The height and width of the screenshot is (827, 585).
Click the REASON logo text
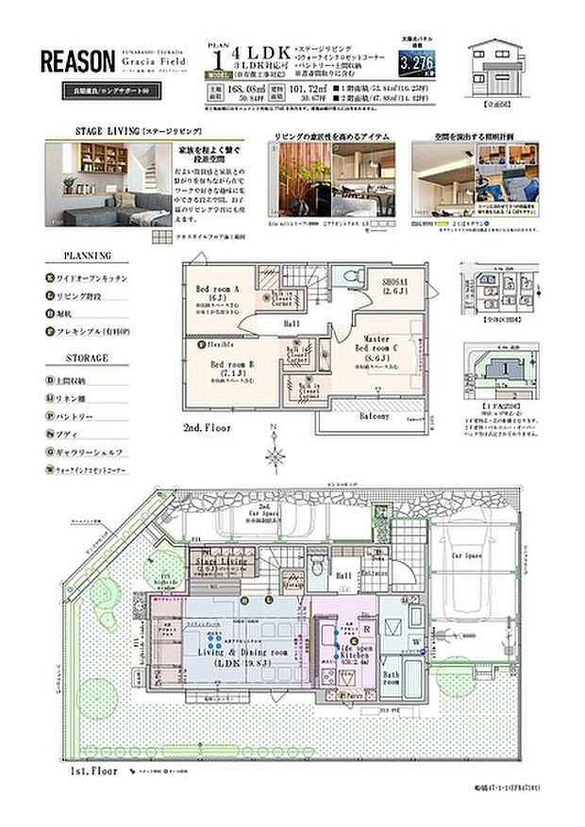pos(76,62)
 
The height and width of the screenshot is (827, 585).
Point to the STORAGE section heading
pos(87,358)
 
